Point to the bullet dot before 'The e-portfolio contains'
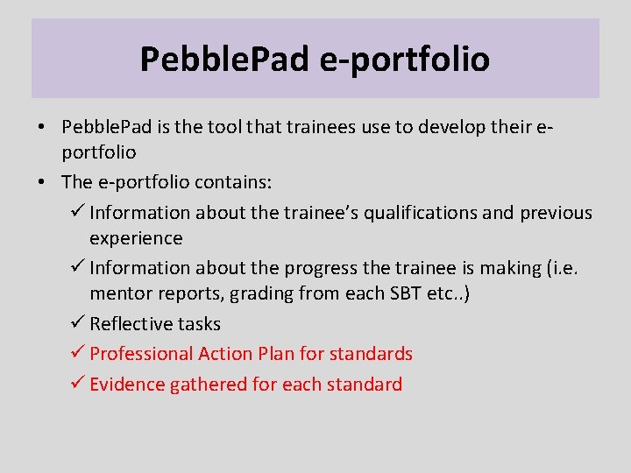(43, 182)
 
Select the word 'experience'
(136, 238)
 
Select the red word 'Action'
(225, 354)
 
